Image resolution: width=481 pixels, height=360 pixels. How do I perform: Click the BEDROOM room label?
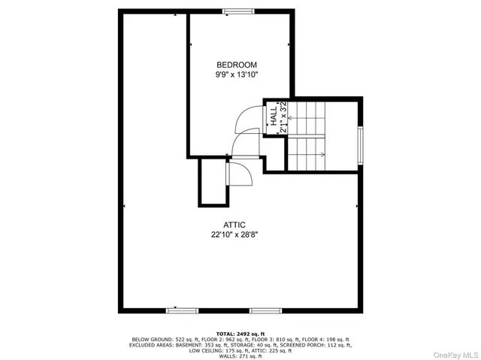(x=237, y=65)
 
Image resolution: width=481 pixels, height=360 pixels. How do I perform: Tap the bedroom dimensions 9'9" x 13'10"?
(x=237, y=75)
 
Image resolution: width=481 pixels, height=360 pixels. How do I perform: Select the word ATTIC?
(x=234, y=225)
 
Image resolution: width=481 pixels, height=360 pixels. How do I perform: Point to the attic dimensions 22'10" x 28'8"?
(x=234, y=234)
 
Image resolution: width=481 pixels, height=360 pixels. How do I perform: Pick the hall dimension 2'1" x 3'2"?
(x=283, y=117)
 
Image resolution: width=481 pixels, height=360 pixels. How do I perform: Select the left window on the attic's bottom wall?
(x=183, y=310)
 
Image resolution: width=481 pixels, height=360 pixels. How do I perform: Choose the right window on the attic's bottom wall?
(x=265, y=310)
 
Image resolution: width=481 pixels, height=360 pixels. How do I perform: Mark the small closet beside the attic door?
(x=211, y=182)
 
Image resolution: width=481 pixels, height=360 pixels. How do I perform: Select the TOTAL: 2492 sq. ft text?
(x=240, y=333)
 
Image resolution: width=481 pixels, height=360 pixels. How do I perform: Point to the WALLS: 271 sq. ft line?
(x=240, y=356)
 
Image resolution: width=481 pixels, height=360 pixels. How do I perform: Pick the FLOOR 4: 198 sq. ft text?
(x=324, y=339)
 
